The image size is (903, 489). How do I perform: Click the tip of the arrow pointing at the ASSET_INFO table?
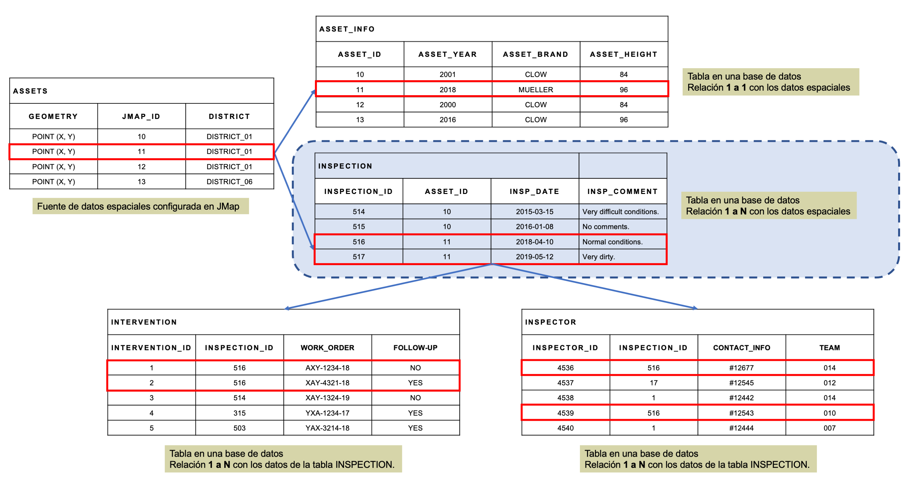point(315,90)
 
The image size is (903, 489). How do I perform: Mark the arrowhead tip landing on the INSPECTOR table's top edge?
point(698,309)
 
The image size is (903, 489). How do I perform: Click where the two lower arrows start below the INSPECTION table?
point(492,264)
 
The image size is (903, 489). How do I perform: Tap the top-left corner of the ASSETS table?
point(10,78)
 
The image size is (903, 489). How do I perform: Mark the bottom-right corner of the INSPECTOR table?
point(874,435)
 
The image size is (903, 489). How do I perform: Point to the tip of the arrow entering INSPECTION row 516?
point(314,250)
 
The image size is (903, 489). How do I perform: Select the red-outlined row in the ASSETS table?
point(141,152)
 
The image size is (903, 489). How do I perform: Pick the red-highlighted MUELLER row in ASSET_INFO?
point(492,89)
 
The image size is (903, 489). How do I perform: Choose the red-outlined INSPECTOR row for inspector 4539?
point(698,413)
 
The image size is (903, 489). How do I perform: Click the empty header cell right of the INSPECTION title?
point(623,166)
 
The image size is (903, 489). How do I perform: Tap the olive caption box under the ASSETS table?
point(141,206)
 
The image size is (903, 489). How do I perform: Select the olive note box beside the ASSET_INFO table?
point(771,82)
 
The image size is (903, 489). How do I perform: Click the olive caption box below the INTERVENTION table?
point(283,459)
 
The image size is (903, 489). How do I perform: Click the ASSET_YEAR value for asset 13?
point(448,120)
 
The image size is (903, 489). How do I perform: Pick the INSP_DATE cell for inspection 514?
point(535,212)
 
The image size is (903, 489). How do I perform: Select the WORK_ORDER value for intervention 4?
point(327,413)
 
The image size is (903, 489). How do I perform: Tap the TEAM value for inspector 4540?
point(829,428)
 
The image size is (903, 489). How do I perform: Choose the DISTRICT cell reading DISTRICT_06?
point(229,182)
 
